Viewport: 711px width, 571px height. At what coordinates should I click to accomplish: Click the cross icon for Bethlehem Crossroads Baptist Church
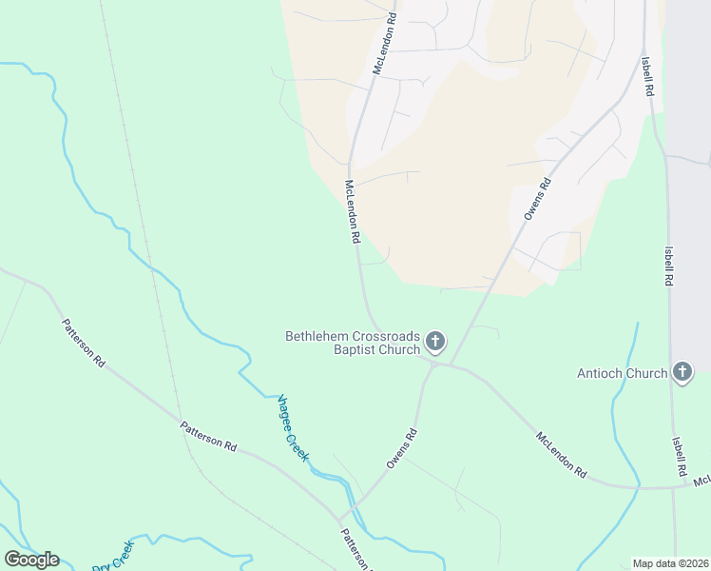[x=435, y=341]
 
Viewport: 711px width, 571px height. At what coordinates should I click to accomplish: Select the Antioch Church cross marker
[x=682, y=373]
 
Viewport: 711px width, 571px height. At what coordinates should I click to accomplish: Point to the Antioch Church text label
[x=623, y=373]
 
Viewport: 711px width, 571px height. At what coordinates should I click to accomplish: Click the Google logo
[x=31, y=560]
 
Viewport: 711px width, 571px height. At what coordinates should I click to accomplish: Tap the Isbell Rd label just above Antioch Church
[x=670, y=266]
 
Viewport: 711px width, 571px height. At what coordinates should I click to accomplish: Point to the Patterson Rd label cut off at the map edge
[x=355, y=550]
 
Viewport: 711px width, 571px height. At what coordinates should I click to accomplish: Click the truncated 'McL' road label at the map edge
[x=701, y=482]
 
